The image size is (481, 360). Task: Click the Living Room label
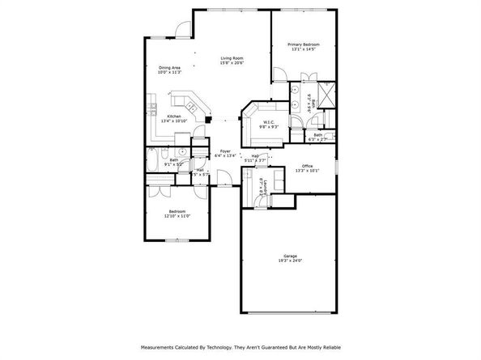[x=233, y=57]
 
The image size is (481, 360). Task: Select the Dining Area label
[x=169, y=68]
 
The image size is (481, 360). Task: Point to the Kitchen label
[x=174, y=116]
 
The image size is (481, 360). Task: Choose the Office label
[x=309, y=166]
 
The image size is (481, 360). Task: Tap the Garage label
[x=290, y=255]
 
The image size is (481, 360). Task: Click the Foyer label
[x=225, y=150]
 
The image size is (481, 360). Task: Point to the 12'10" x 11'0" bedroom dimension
[x=177, y=215]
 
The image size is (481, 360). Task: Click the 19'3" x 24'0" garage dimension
[x=290, y=260]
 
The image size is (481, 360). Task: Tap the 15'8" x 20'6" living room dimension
[x=233, y=63]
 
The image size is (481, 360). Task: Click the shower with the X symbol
[x=326, y=95]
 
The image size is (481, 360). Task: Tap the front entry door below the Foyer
[x=223, y=177]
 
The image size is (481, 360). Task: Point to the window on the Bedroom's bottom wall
[x=180, y=240]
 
